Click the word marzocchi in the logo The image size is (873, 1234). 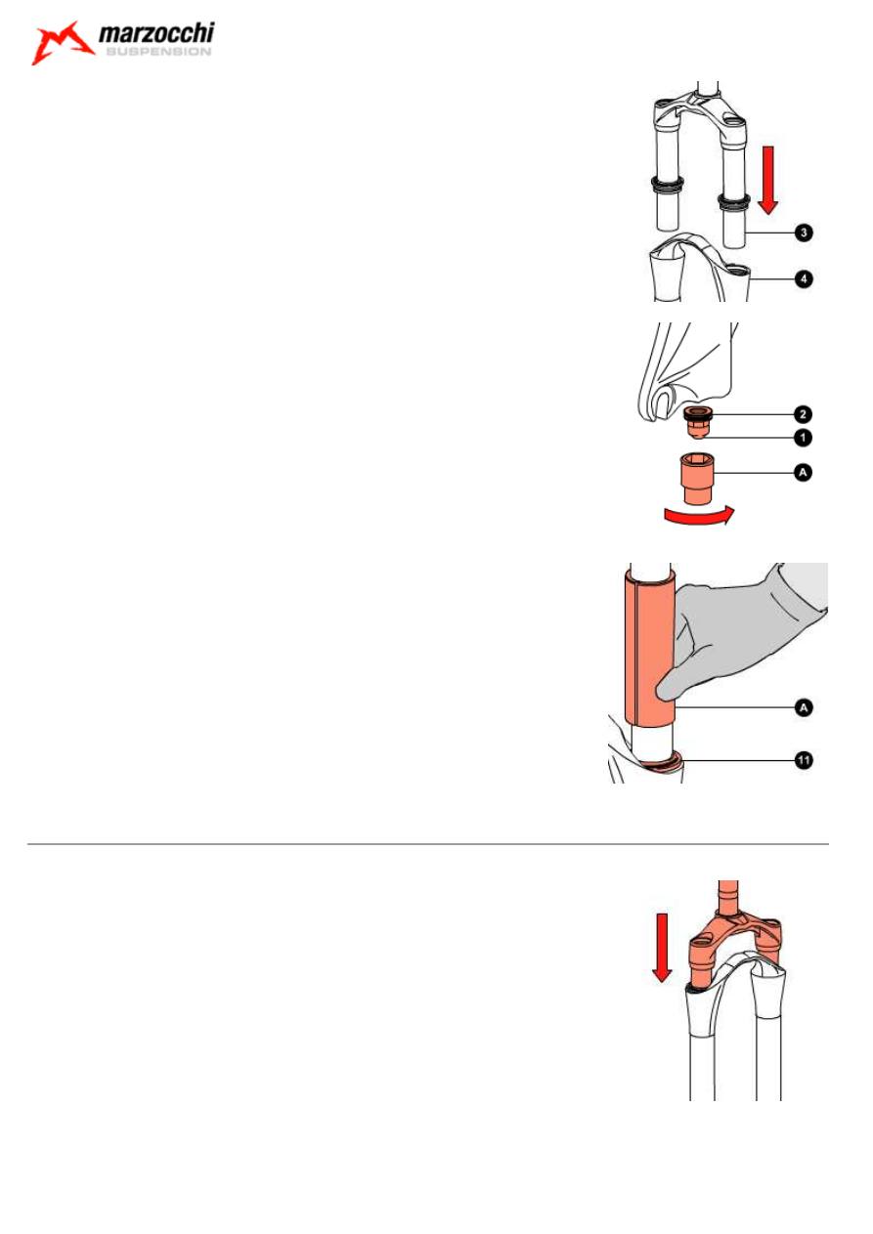(x=156, y=33)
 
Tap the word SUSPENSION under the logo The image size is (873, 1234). (x=158, y=52)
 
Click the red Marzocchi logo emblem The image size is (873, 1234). (x=62, y=43)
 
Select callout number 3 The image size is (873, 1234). (x=804, y=233)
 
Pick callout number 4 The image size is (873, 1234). (x=804, y=279)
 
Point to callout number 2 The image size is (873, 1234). (x=803, y=414)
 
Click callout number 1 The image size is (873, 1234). (x=803, y=438)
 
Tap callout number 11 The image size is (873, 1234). (x=804, y=761)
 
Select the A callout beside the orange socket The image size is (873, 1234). (x=803, y=473)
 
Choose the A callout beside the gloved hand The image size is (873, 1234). (x=804, y=708)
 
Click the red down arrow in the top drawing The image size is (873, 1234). (x=767, y=180)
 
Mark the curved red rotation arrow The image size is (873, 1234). (x=699, y=517)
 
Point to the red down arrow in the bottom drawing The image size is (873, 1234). (x=662, y=948)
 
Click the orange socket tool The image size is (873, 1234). (x=697, y=478)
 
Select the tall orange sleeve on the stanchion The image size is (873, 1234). (x=650, y=649)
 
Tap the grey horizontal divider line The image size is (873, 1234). (x=428, y=844)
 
